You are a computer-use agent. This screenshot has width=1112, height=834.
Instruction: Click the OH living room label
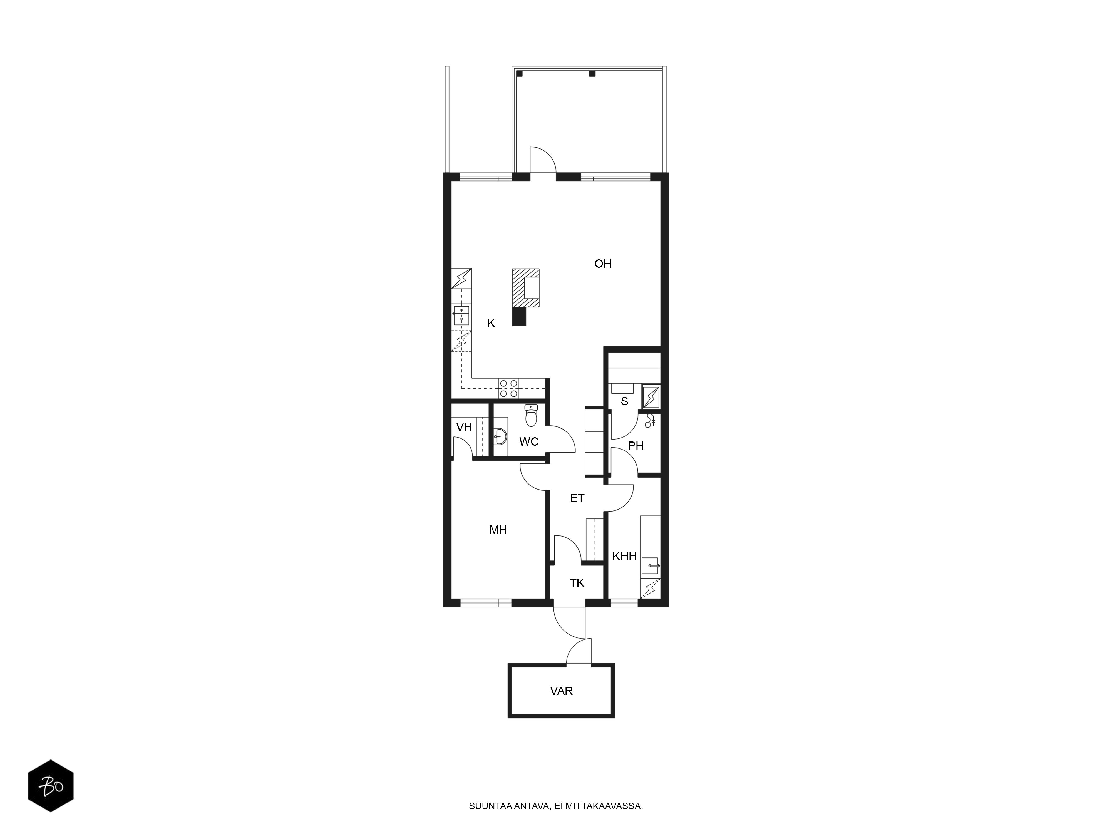(x=603, y=264)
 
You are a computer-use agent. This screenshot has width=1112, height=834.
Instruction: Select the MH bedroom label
(x=498, y=530)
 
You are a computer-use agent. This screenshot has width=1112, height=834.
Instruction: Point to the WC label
(x=529, y=442)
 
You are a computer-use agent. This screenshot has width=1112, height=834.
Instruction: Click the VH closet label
(x=464, y=427)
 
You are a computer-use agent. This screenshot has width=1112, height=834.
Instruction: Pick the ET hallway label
(x=577, y=498)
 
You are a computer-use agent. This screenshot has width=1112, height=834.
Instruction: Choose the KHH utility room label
(x=624, y=556)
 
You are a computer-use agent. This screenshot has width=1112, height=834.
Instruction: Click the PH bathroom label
(x=636, y=446)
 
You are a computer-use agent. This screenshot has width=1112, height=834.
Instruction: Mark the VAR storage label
(x=562, y=691)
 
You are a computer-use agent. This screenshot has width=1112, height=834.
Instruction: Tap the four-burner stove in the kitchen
(x=508, y=389)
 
